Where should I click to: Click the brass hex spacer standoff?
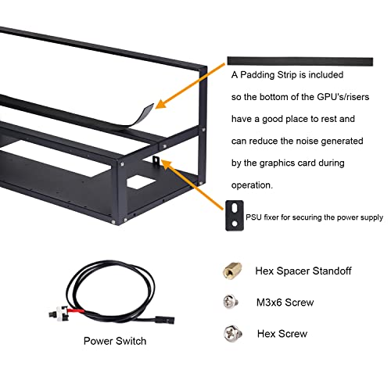point(232,271)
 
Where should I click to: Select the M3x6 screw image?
point(231,302)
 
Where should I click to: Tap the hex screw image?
point(232,333)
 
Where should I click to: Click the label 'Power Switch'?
point(115,341)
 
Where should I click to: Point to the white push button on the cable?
point(60,313)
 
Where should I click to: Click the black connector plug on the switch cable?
point(165,320)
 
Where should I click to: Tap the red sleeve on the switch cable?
point(76,310)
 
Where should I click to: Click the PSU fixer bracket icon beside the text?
point(235,216)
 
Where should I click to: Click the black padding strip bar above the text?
point(300,61)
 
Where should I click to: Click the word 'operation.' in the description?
point(252,185)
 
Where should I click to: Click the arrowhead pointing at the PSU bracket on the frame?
point(167,164)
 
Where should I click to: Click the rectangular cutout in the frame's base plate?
point(142,182)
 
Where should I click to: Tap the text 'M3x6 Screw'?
point(285,303)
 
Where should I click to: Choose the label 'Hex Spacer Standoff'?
point(303,271)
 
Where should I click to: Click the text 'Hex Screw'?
point(282,334)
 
